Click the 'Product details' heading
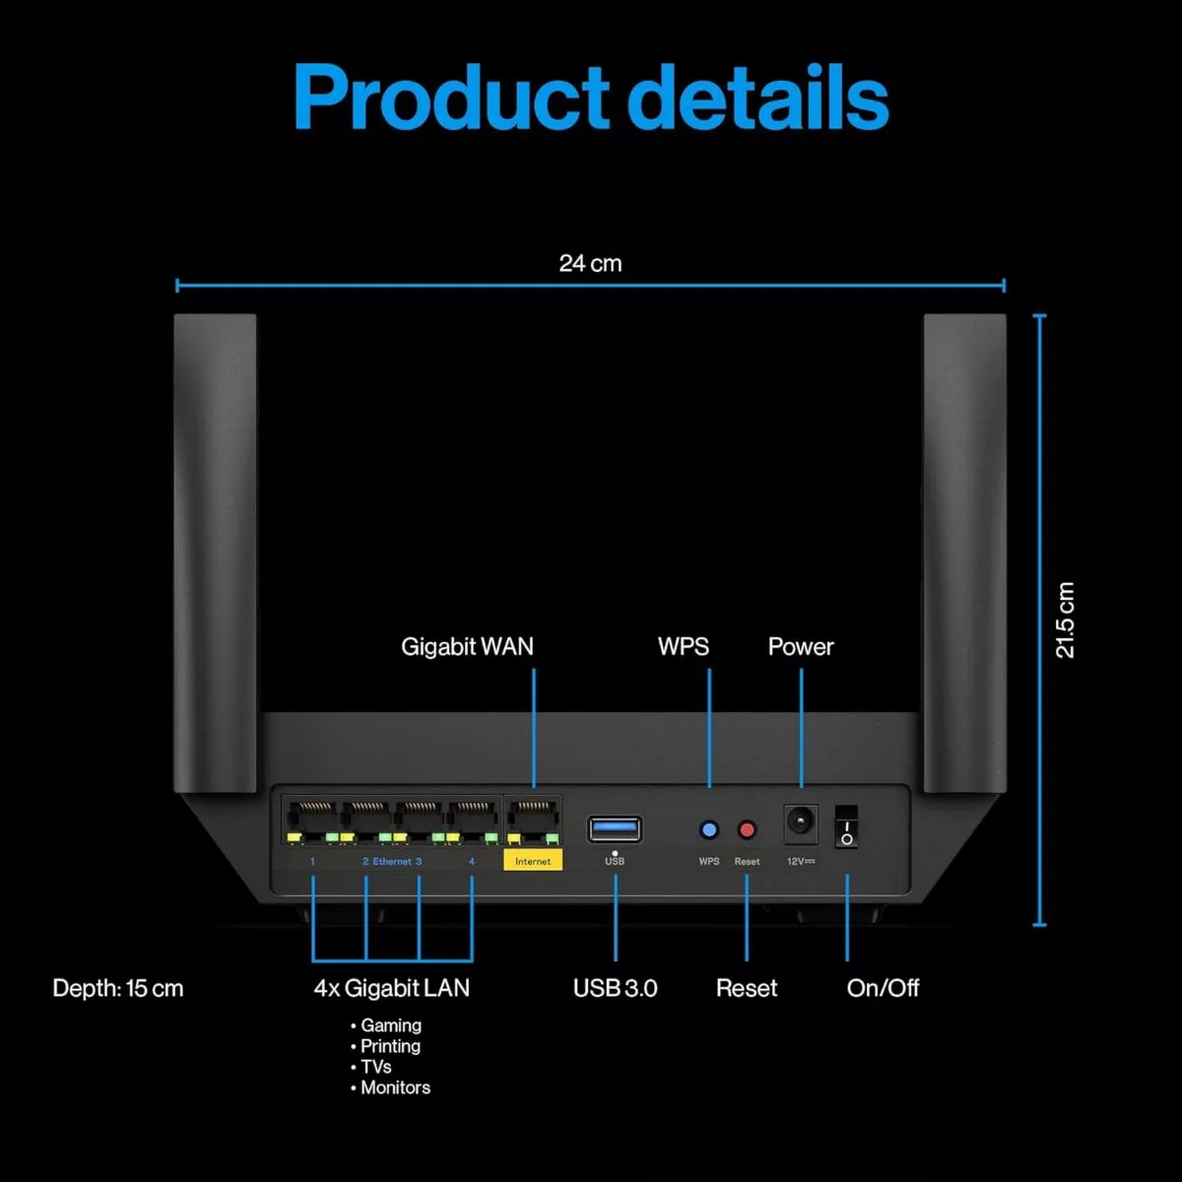point(591,98)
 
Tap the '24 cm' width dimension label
point(590,263)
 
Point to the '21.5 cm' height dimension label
point(1065,621)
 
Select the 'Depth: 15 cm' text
point(118,988)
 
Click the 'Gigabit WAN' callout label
point(467,647)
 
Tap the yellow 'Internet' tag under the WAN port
point(533,861)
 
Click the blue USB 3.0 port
point(615,829)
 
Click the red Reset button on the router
point(747,830)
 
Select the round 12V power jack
point(800,822)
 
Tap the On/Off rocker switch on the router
point(846,827)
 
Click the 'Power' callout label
point(801,647)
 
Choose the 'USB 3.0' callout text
point(616,988)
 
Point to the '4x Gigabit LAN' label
point(392,988)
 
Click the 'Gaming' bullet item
point(390,1025)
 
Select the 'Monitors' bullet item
point(395,1087)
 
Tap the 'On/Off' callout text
point(883,988)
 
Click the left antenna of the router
point(215,552)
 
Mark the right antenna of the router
point(964,552)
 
